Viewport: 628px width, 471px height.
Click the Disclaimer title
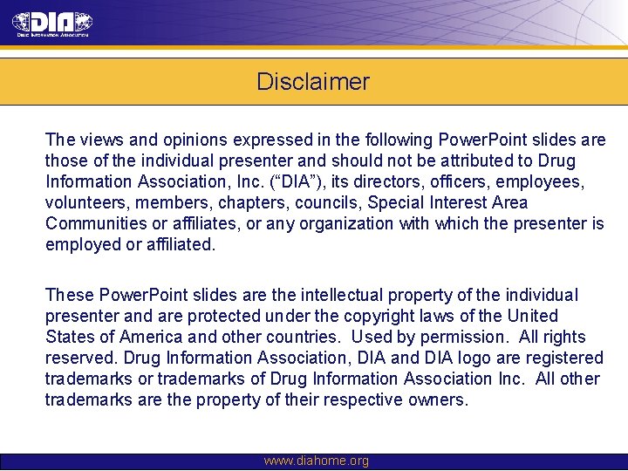(x=313, y=82)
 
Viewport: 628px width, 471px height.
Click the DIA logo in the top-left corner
(x=52, y=24)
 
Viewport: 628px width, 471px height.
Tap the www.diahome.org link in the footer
(x=316, y=461)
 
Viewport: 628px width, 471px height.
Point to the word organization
(x=345, y=223)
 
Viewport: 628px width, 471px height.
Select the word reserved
(x=82, y=358)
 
